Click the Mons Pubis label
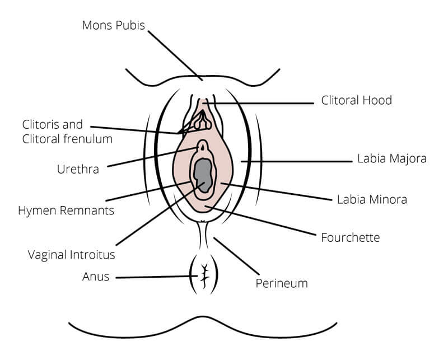point(114,25)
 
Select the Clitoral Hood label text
point(356,100)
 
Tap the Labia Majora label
point(391,158)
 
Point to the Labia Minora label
point(372,199)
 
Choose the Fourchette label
point(351,237)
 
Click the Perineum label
point(282,283)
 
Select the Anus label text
point(96,277)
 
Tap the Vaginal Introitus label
point(72,255)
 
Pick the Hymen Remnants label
point(66,211)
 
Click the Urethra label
point(78,169)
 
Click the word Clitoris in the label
point(41,124)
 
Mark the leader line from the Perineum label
point(236,256)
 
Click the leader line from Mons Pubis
point(175,56)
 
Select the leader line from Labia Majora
point(297,161)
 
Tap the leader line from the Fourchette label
point(260,221)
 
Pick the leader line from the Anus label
point(157,277)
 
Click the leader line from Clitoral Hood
point(259,103)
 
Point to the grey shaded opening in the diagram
point(203,175)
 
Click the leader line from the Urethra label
point(153,157)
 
